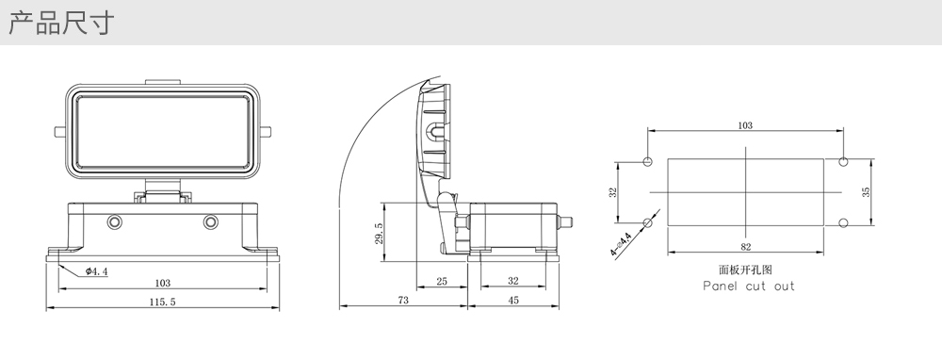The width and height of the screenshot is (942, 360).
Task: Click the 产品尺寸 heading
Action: coord(61,23)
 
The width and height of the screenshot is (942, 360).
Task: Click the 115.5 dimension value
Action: coord(162,302)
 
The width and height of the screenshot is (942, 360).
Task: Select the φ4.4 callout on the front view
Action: coord(96,271)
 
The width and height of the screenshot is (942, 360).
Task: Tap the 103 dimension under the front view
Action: coord(162,283)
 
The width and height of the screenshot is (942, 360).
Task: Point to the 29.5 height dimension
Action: coord(378,233)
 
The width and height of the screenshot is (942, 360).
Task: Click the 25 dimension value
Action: coord(442,281)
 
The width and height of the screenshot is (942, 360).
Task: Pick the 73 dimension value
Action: coord(403,300)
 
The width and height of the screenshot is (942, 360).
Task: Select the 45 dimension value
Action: coord(513,300)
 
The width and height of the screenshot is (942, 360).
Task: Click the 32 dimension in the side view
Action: coord(513,281)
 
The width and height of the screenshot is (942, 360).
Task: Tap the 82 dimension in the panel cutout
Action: coord(745,246)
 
